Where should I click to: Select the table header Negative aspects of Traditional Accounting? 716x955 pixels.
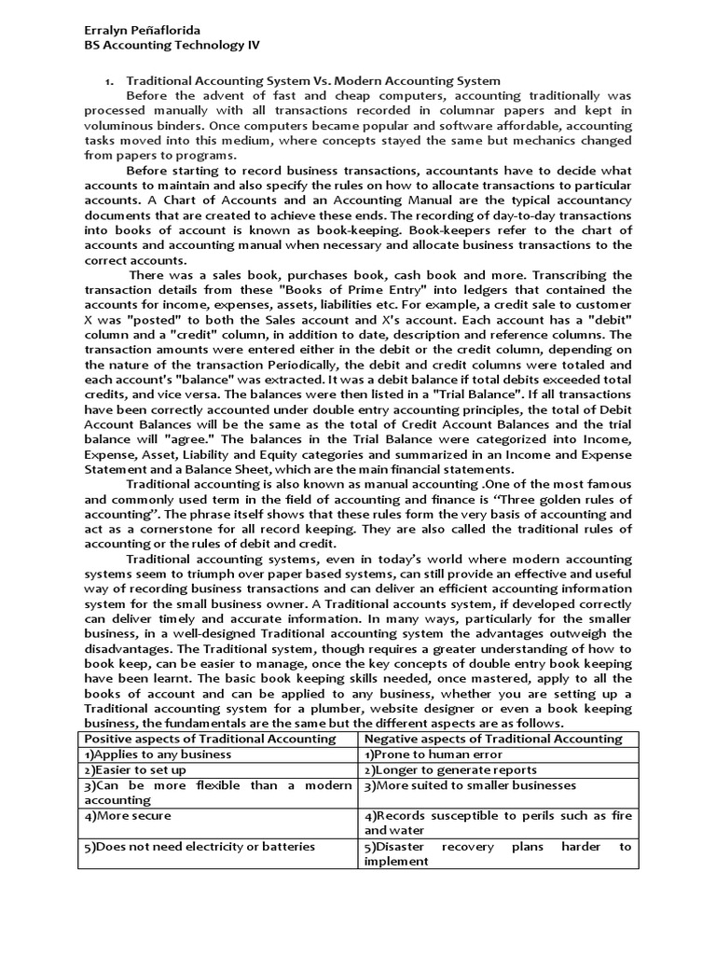(492, 739)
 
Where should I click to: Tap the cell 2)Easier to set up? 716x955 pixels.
(136, 769)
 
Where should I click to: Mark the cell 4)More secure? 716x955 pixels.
(128, 815)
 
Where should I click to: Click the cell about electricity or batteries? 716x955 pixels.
(200, 846)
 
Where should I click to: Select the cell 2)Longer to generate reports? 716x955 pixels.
(450, 769)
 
